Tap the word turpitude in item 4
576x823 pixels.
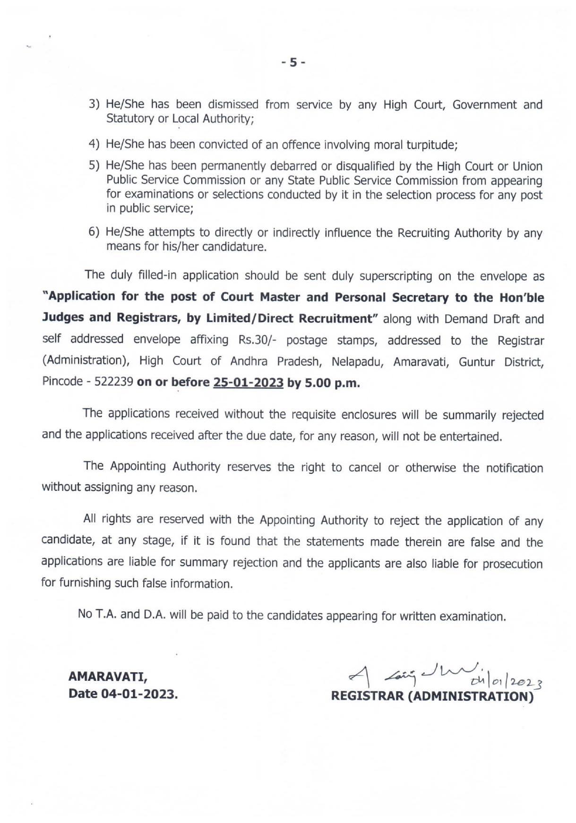coord(431,145)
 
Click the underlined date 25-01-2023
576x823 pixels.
coord(248,382)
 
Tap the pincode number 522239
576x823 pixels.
coord(113,382)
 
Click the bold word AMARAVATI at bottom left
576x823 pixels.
coord(108,677)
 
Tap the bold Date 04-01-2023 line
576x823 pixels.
coord(123,694)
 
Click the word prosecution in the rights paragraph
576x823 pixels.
coord(512,564)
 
